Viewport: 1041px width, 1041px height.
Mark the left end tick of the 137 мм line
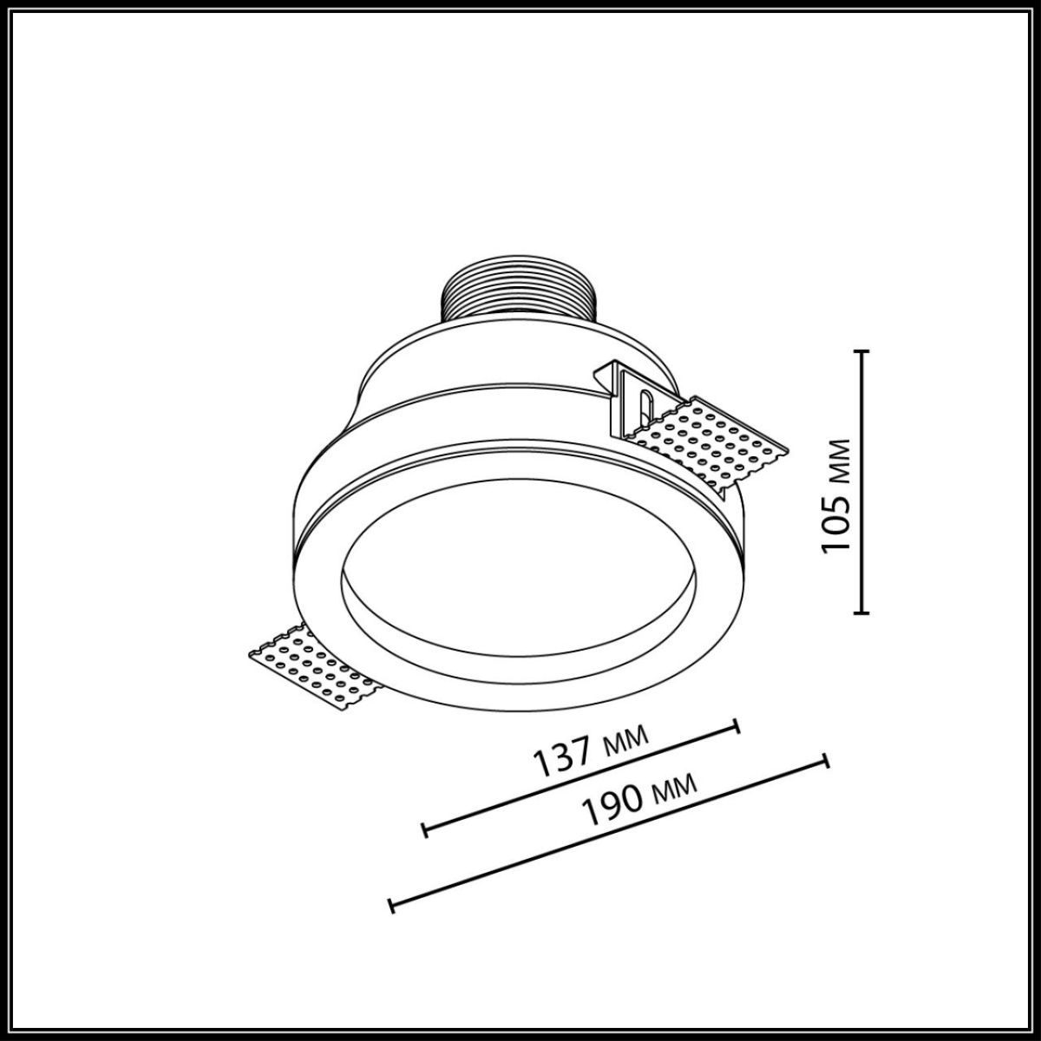coord(425,829)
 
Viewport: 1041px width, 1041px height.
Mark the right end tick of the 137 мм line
coord(737,725)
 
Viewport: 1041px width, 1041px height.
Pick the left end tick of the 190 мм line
coord(392,906)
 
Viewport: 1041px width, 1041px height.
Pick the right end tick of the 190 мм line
coord(826,760)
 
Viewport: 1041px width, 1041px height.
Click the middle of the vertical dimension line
coord(861,481)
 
